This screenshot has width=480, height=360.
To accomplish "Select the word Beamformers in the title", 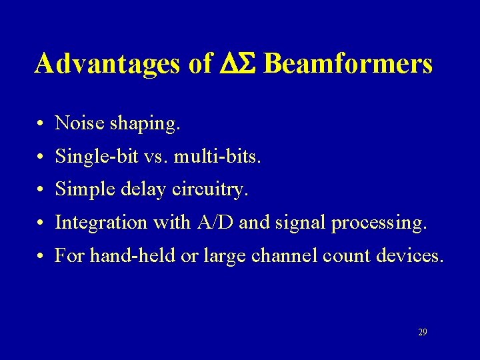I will click(348, 64).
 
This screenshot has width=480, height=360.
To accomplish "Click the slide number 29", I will click(422, 332).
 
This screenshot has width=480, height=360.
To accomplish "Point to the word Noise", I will click(76, 123).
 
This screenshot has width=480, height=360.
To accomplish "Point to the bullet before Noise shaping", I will click(41, 124).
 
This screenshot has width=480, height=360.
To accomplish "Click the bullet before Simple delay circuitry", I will click(41, 191).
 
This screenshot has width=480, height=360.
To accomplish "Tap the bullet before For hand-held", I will click(41, 256).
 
